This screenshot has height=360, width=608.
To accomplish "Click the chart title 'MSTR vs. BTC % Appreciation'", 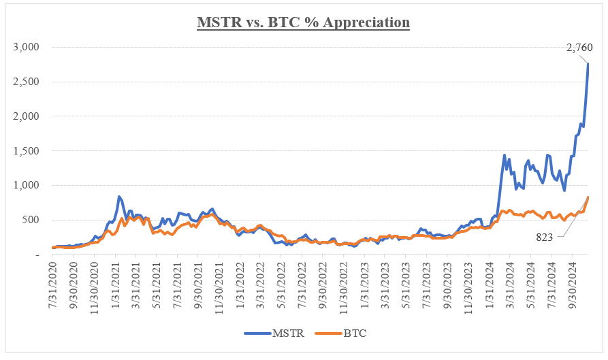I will [x=304, y=22].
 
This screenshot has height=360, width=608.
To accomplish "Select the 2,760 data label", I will [x=579, y=48].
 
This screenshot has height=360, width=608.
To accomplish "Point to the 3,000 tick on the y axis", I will [x=27, y=47].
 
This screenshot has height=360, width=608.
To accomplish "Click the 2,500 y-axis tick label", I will [x=27, y=82].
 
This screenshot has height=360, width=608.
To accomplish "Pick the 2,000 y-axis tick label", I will [x=27, y=116].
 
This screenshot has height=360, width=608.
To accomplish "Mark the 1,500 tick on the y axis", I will [x=27, y=151].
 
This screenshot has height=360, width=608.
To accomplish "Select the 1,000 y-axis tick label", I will [x=27, y=185].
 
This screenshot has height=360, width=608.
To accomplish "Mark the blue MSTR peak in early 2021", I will [x=119, y=197].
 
